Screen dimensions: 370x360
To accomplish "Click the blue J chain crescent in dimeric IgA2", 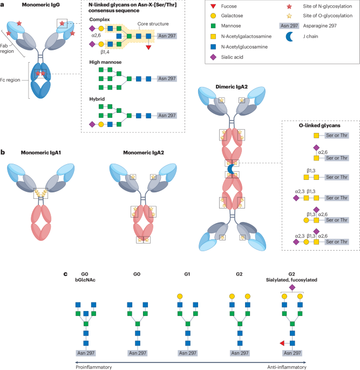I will coord(232,169).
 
